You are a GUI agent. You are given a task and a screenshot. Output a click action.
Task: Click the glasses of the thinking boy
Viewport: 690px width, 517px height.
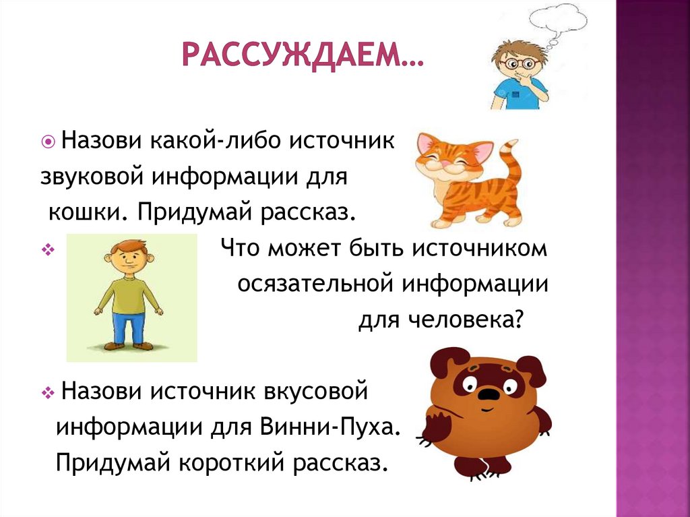coord(516,64)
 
